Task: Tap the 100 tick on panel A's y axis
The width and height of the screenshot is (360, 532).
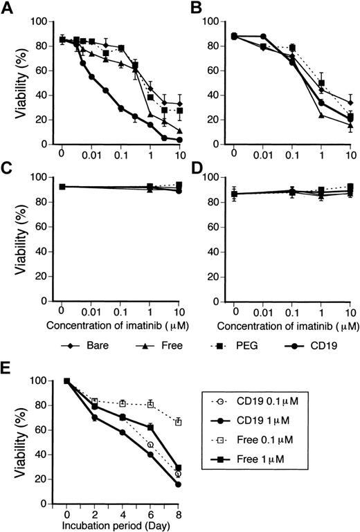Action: point(39,22)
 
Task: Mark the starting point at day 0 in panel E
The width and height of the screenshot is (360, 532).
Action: point(66,380)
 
